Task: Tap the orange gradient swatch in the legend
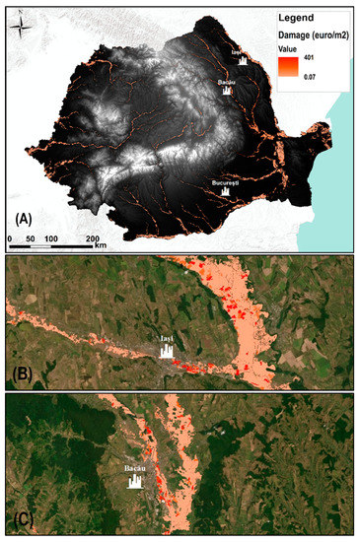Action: (x=286, y=67)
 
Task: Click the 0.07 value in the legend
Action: (x=308, y=75)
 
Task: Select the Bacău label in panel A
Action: (x=230, y=82)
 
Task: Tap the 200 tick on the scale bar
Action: (x=92, y=239)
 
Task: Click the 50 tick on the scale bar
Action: (x=32, y=239)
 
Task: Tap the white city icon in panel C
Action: (x=137, y=482)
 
